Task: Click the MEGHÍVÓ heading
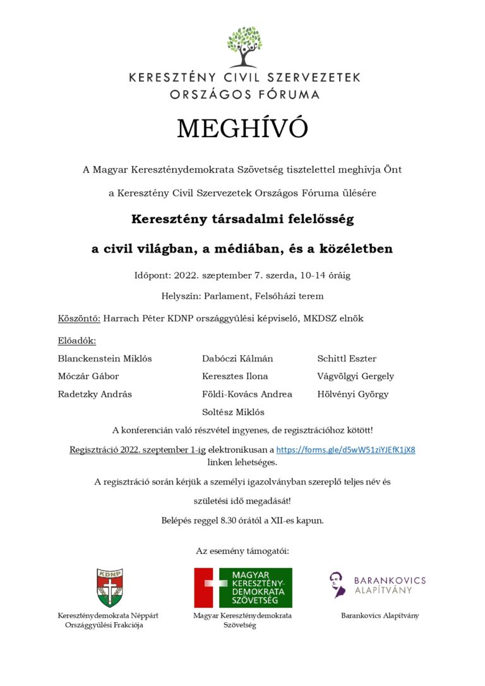(242, 129)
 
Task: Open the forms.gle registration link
(345, 450)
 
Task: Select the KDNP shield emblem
(109, 587)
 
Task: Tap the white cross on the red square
(211, 587)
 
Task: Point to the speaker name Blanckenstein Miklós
(105, 359)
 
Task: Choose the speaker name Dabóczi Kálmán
(237, 359)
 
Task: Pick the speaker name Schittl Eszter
(347, 359)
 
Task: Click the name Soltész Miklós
(233, 412)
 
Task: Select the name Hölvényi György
(353, 394)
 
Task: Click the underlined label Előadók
(77, 341)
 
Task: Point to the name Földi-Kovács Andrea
(247, 394)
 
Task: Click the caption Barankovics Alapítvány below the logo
(380, 615)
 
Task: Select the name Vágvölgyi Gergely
(356, 376)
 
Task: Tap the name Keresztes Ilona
(235, 376)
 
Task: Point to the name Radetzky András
(95, 394)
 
